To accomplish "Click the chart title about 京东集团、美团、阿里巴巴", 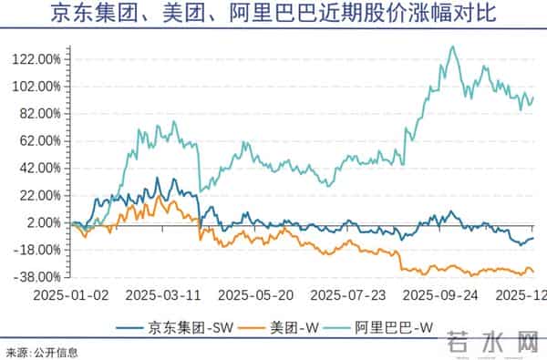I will pos(273,15).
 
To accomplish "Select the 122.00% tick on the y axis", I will pos(38,59).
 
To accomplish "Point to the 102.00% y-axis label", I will pos(38,87).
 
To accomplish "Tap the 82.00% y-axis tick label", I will pos(41,114).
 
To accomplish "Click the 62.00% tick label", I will pos(41,141).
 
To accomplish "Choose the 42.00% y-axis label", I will pos(41,169).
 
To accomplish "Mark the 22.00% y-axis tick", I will pos(41,196).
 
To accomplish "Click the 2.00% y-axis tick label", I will pos(44,223).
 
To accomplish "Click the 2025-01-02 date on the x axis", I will pos(70,296).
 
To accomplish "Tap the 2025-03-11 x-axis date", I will pos(162,296).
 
